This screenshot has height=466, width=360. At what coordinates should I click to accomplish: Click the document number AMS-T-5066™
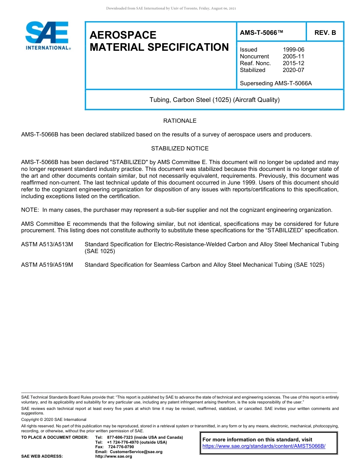coord(261,33)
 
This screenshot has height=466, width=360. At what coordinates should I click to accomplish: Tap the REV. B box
coord(325,33)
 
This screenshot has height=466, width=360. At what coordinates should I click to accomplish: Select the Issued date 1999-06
coord(293,50)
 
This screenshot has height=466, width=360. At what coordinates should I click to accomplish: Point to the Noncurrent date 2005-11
coord(293,56)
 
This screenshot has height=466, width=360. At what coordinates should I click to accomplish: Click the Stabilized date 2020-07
coord(293,70)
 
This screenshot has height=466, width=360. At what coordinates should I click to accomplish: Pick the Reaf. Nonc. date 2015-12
coord(293,63)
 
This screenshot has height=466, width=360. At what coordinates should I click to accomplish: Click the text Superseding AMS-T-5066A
coord(275,83)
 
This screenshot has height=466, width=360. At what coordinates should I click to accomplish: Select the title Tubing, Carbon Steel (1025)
coord(214,100)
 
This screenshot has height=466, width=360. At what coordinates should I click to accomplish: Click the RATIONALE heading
coord(180,121)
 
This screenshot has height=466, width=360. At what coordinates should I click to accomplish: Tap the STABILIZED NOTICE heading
coord(180,149)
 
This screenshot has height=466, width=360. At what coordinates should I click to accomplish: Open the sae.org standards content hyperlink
coord(264,446)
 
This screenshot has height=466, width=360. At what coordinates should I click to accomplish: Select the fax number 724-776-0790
coord(121,447)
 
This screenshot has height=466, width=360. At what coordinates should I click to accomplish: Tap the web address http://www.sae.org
coord(114,456)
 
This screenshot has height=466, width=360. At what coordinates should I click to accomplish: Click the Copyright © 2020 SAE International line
coord(54,419)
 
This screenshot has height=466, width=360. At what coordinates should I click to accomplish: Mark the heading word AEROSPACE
coord(123,35)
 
